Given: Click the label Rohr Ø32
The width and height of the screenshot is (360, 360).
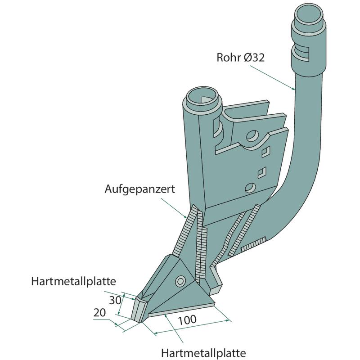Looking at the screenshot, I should [240, 58].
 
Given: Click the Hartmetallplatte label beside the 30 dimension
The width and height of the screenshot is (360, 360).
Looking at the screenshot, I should [74, 282].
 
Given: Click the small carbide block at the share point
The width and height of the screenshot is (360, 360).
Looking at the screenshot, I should [139, 308].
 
